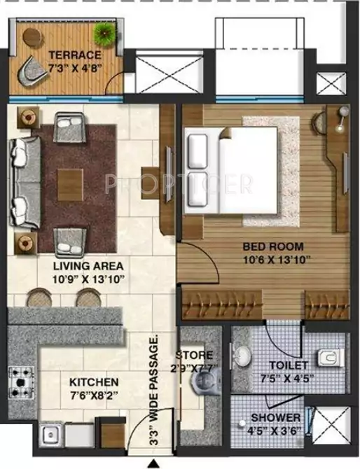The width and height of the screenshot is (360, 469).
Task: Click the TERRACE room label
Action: point(74,54)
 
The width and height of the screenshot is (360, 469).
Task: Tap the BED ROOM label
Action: point(272,246)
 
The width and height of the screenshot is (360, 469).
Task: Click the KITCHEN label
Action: point(95,383)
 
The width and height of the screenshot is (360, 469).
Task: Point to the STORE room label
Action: point(194,354)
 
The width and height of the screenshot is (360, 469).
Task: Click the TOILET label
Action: point(288,365)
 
